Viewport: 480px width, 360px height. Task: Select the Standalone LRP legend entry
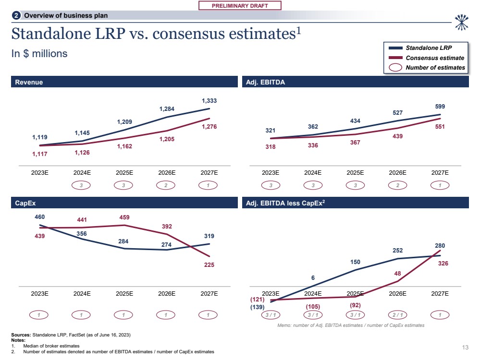428,48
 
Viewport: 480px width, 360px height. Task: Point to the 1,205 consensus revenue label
167,139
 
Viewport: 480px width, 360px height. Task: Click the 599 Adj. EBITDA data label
440,107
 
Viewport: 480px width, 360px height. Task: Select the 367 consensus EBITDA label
355,143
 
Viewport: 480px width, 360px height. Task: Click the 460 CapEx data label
40,217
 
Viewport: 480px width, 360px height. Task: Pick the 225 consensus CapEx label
209,264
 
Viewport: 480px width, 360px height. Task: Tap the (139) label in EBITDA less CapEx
258,307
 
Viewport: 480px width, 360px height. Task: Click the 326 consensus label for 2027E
440,264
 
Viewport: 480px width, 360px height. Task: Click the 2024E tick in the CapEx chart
82,294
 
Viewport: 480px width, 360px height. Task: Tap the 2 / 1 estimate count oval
398,315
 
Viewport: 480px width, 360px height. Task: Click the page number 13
465,348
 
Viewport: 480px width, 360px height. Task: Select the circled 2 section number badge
16,16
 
